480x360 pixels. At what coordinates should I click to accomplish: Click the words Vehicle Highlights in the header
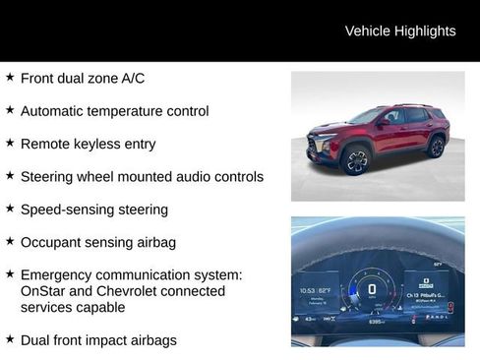(x=400, y=31)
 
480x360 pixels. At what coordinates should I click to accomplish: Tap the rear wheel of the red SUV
(x=436, y=148)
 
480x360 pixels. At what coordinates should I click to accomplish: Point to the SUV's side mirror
(x=381, y=124)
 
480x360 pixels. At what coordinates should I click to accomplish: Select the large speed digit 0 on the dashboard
(x=372, y=289)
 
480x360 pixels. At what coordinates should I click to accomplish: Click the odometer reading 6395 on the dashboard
(x=377, y=322)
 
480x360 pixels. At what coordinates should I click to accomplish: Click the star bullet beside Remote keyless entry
(x=10, y=143)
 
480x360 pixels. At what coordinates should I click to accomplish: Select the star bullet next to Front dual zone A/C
(x=10, y=77)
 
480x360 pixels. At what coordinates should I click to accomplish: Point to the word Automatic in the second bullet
(x=56, y=111)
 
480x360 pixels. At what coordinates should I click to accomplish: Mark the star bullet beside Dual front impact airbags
(x=10, y=339)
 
